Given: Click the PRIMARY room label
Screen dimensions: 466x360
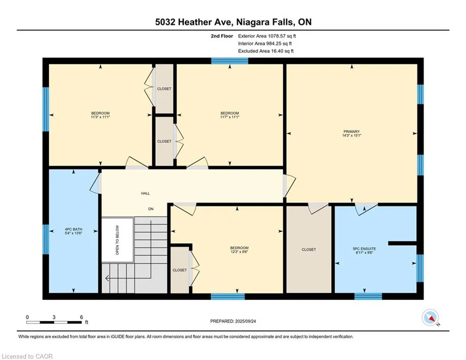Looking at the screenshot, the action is click(352, 132).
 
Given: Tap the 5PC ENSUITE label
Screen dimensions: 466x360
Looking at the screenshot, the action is click(364, 249).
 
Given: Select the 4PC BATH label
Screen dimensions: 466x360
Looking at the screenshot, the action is click(74, 229).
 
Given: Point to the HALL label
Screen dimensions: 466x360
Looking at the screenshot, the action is click(145, 194).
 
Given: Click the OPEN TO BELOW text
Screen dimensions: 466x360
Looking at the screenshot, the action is click(118, 240).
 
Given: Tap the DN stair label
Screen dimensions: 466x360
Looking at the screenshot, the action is click(151, 209).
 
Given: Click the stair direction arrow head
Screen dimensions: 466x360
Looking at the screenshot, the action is click(107, 278).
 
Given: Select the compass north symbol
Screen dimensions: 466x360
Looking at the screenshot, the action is click(430, 318).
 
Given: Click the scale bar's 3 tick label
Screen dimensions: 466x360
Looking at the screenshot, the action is click(54, 317).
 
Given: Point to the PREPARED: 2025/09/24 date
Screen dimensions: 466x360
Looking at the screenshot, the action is click(233, 321).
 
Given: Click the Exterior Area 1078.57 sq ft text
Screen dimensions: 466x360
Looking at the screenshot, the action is click(267, 36).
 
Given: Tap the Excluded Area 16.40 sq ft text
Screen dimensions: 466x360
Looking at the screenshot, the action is click(266, 51).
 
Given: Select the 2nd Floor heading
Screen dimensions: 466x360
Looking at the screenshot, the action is click(222, 36).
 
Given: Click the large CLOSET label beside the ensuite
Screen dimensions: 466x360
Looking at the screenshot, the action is click(309, 250).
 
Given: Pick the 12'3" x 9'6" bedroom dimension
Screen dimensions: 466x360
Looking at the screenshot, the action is click(239, 252).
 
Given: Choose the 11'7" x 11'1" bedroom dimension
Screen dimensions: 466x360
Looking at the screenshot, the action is click(230, 117).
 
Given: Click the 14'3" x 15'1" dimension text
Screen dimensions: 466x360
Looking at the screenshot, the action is click(352, 135).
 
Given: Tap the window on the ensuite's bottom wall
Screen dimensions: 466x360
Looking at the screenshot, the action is click(368, 296).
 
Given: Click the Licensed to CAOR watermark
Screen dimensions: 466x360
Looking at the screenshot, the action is click(27, 356).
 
